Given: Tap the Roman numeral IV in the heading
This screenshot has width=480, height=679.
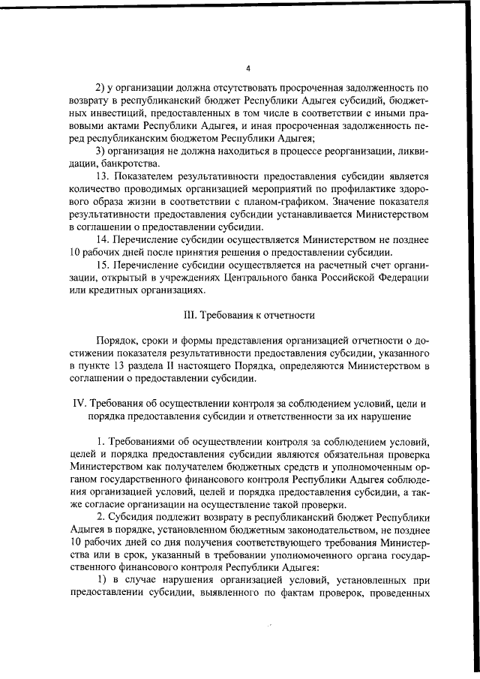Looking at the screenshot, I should coord(78,403).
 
